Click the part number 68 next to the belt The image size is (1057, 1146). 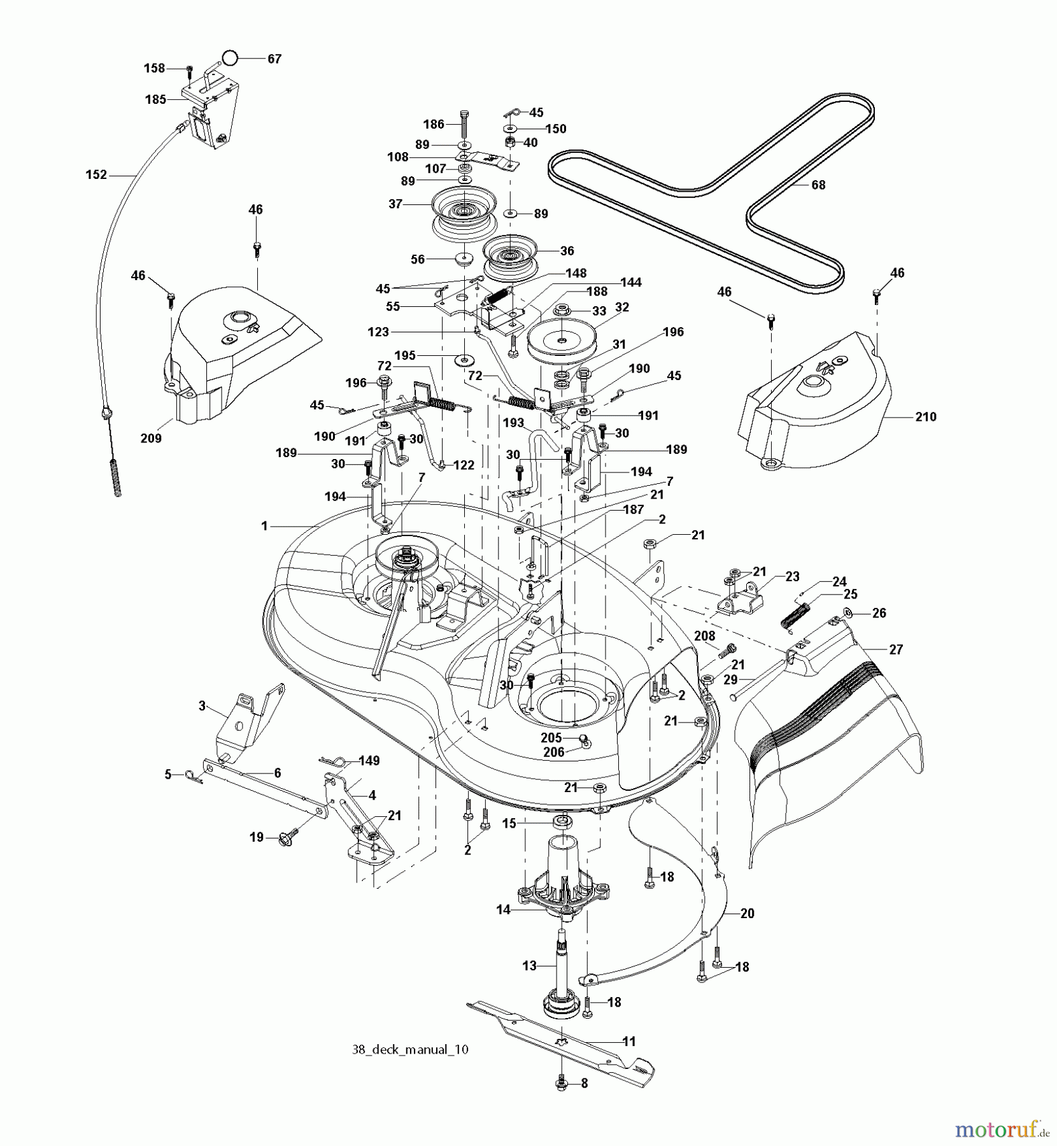coord(818,185)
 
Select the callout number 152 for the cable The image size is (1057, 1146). coord(96,174)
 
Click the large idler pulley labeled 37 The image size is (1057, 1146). coord(463,212)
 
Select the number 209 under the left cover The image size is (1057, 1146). coord(151,438)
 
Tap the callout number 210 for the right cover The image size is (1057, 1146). coord(925,416)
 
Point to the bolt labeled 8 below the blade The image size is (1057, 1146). coord(562,1083)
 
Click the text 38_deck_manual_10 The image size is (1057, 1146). coord(410,1049)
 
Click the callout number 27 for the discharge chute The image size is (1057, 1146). coord(896,649)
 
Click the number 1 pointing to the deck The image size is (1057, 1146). coord(264,526)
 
